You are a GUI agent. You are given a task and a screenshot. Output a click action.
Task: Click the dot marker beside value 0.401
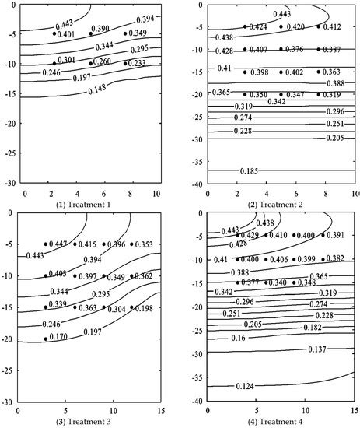coord(54,33)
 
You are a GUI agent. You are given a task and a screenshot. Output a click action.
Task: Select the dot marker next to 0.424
coord(245,26)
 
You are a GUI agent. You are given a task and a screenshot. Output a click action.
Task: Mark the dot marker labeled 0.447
coord(46,244)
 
